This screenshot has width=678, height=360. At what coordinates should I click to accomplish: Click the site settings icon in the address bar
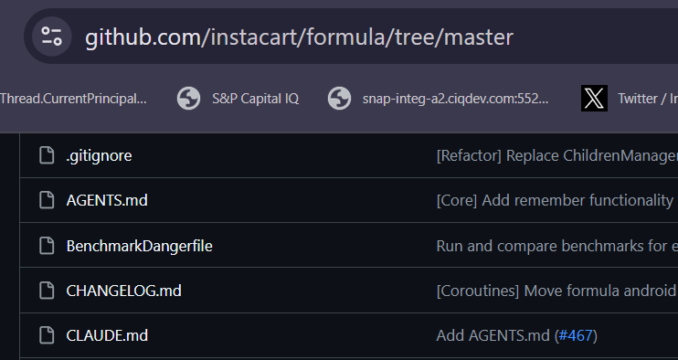(51, 37)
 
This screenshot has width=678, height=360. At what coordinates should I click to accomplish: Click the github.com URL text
(299, 37)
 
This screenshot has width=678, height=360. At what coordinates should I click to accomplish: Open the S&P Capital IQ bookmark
(255, 98)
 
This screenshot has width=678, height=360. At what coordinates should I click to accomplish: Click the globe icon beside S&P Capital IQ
(188, 98)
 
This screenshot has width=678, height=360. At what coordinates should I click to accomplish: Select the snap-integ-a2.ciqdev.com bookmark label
(455, 98)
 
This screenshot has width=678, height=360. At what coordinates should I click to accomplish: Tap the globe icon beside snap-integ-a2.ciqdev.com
(339, 98)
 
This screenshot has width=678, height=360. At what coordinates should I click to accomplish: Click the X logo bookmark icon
(594, 98)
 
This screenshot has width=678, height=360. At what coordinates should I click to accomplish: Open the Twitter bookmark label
(647, 98)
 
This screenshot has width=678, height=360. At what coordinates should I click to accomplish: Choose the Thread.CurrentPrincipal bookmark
(73, 98)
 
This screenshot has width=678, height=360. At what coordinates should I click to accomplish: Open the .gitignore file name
(99, 155)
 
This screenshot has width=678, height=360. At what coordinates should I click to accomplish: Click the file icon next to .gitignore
(47, 155)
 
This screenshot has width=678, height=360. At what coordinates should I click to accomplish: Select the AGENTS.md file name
(106, 200)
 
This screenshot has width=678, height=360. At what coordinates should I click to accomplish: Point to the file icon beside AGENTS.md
(47, 200)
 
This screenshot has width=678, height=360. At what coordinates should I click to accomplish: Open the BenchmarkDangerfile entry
(139, 245)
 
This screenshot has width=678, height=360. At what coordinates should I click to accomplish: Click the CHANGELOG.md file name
(124, 291)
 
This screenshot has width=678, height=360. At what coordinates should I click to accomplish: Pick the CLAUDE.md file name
(107, 335)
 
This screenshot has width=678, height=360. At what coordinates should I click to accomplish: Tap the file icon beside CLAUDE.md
(47, 335)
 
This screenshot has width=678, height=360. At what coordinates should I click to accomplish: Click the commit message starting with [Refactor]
(556, 155)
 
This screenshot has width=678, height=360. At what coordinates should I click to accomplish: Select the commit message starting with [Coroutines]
(556, 291)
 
